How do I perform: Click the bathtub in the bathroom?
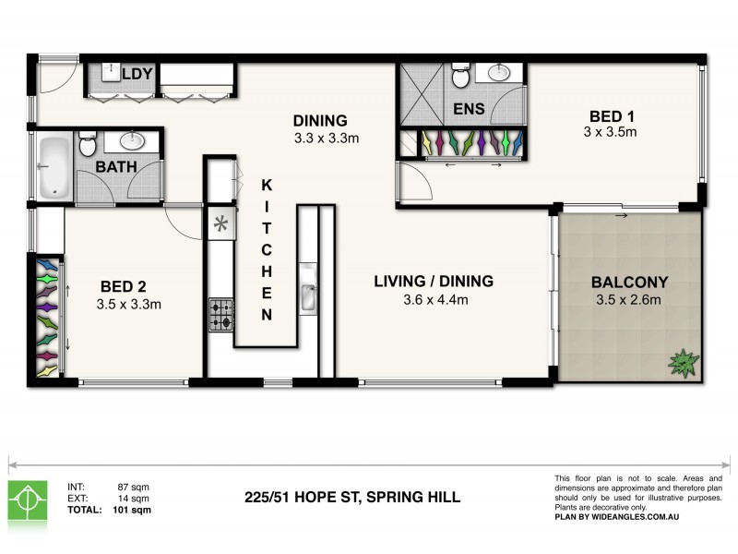point(55,167)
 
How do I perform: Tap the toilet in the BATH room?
point(88,145)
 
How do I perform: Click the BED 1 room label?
point(611,116)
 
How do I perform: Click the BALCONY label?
point(630,282)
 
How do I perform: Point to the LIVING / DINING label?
point(434,281)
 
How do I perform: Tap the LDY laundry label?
point(137,73)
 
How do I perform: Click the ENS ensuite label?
point(470,109)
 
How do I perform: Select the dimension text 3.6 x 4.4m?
point(435,299)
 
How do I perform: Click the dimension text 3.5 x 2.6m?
point(631,299)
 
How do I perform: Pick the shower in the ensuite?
point(424,95)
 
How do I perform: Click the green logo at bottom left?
point(28,499)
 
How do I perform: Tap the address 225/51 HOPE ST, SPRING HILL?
point(352,498)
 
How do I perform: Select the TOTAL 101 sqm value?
point(135,509)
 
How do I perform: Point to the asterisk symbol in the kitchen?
point(221,223)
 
